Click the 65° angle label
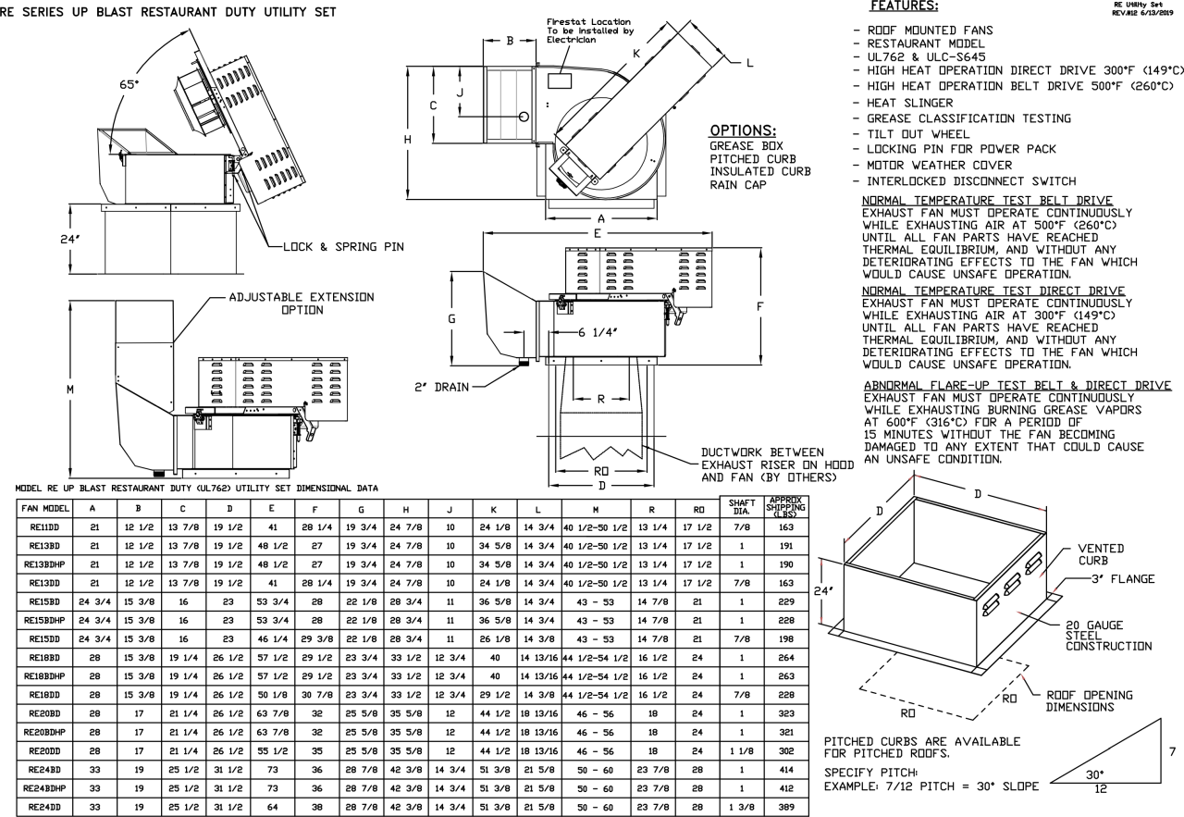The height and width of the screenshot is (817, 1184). (133, 84)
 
